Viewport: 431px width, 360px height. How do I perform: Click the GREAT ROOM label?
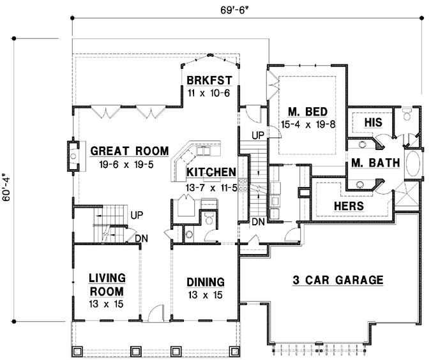[129, 151]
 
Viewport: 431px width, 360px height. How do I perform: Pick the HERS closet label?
[349, 206]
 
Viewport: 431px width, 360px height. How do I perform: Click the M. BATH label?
[375, 163]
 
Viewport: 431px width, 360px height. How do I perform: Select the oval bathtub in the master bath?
[412, 164]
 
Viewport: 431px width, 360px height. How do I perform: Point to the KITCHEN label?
[211, 172]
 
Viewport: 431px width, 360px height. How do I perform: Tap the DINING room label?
[205, 281]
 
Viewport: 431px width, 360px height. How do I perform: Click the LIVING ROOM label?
[106, 284]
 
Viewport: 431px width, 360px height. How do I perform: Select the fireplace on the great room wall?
[73, 156]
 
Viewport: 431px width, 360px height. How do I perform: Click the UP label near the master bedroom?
[258, 135]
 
